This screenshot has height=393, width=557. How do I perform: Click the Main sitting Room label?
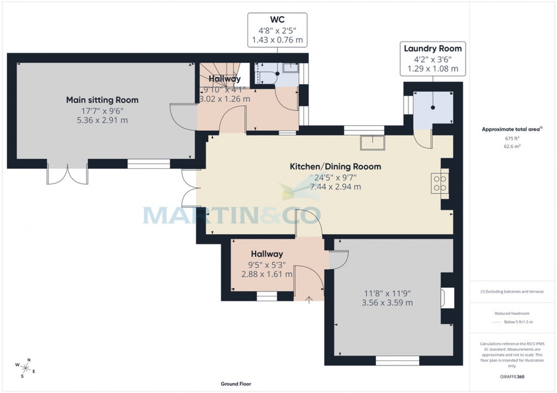click(102, 100)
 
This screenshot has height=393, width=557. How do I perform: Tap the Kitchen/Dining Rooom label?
click(335, 166)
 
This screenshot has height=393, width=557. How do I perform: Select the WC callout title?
click(277, 20)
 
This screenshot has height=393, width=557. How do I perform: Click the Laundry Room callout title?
click(433, 49)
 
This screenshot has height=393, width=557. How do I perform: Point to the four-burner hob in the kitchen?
click(440, 183)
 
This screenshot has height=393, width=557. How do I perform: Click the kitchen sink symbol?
click(372, 142)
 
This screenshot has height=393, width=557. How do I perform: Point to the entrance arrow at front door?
click(309, 300)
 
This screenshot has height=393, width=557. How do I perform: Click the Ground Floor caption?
click(236, 384)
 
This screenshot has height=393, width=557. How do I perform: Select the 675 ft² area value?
click(512, 138)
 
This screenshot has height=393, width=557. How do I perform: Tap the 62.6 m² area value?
click(512, 146)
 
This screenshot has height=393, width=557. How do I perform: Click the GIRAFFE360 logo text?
click(512, 377)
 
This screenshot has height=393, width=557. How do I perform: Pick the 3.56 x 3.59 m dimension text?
click(387, 303)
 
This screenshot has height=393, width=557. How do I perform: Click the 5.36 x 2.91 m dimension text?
click(102, 120)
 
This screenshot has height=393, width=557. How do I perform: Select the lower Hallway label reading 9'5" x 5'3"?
click(267, 264)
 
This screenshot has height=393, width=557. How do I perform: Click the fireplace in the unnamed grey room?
click(447, 298)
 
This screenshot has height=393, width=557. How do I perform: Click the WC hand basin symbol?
click(290, 68)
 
